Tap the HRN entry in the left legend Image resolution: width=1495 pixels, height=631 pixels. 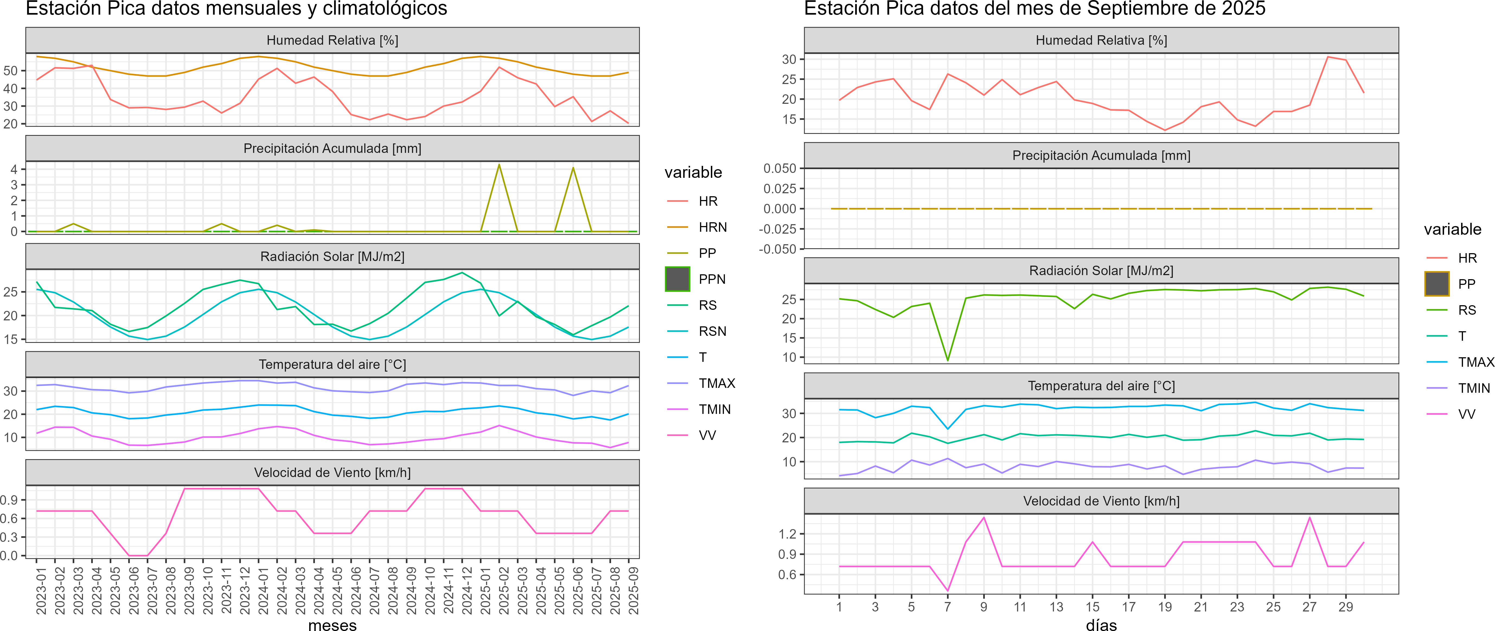pyautogui.click(x=712, y=227)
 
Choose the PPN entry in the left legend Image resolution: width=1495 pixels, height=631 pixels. pyautogui.click(x=711, y=279)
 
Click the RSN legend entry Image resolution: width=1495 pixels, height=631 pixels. pyautogui.click(x=712, y=331)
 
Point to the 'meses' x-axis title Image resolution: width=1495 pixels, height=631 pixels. pyautogui.click(x=332, y=624)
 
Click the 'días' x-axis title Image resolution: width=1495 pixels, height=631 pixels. pyautogui.click(x=1101, y=624)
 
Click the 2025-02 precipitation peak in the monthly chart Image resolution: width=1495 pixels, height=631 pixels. pyautogui.click(x=499, y=165)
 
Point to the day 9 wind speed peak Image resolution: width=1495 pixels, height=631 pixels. pyautogui.click(x=984, y=517)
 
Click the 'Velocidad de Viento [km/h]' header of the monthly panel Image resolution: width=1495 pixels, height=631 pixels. pyautogui.click(x=332, y=473)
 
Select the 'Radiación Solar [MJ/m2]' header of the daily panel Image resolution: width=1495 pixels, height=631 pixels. pyautogui.click(x=1101, y=271)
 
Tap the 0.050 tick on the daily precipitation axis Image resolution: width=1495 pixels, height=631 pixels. pyautogui.click(x=780, y=168)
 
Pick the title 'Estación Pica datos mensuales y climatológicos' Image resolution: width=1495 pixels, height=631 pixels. pyautogui.click(x=236, y=9)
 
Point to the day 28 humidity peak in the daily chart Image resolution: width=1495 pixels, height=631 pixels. pyautogui.click(x=1328, y=57)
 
